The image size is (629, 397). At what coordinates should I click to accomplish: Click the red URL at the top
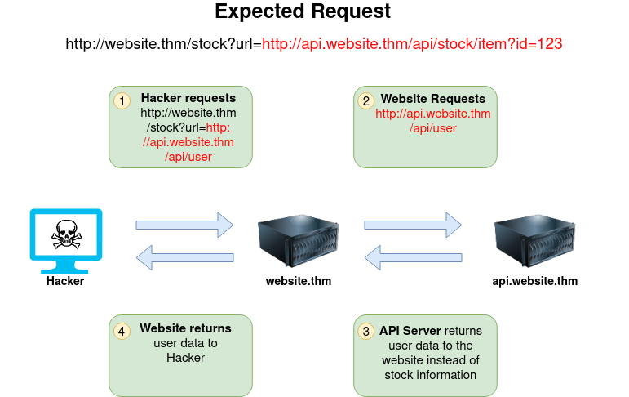click(x=412, y=43)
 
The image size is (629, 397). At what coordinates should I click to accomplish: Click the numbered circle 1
click(x=122, y=100)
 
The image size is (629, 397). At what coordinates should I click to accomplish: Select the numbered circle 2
click(x=366, y=100)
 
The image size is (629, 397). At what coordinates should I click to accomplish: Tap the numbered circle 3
click(x=366, y=331)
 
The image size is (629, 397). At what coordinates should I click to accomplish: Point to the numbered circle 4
click(x=122, y=331)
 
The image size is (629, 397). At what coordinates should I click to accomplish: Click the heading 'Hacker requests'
click(x=188, y=98)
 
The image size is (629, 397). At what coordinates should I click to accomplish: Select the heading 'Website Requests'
click(x=433, y=99)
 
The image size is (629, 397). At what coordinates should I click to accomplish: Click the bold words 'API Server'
click(x=410, y=331)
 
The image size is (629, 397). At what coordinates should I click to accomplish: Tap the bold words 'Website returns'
click(x=185, y=328)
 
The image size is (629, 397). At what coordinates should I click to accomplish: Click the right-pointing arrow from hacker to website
click(x=184, y=224)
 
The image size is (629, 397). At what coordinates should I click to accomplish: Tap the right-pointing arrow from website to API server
click(x=413, y=224)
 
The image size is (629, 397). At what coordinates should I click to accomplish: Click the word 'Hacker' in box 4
click(x=185, y=358)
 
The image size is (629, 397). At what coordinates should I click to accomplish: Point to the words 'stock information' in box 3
click(x=430, y=375)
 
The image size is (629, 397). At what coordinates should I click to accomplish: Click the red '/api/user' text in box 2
click(x=433, y=128)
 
